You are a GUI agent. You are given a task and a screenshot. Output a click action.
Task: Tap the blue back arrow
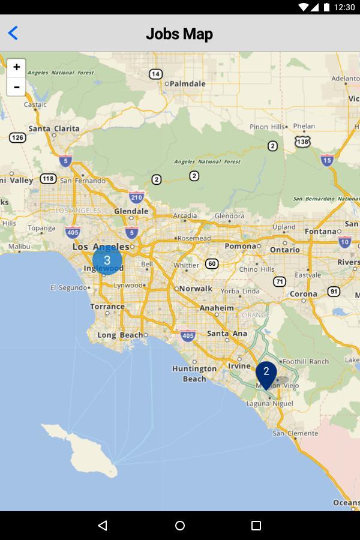[13, 33]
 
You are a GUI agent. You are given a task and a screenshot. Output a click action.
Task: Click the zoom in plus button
[16, 68]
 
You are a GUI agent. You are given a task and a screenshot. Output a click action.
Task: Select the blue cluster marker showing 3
[107, 260]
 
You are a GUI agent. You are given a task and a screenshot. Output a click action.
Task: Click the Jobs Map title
[179, 34]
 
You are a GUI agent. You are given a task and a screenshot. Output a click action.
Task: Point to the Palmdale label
[187, 84]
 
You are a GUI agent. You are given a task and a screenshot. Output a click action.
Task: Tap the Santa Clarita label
[53, 128]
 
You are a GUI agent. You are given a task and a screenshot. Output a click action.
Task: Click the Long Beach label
[120, 335]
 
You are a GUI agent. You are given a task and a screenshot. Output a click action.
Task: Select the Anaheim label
[217, 308]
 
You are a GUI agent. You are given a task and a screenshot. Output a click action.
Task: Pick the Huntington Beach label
[194, 373]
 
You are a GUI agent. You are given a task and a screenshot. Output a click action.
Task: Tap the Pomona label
[240, 246]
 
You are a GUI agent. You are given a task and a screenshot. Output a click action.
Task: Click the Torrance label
[107, 306]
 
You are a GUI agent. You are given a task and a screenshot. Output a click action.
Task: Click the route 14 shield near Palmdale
[155, 74]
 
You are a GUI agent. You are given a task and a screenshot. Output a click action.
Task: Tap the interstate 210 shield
[136, 196]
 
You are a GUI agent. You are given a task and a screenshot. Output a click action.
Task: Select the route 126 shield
[18, 137]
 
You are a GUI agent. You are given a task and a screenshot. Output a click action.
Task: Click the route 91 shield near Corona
[334, 291]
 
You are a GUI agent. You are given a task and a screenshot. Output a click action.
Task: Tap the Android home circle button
[180, 526]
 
